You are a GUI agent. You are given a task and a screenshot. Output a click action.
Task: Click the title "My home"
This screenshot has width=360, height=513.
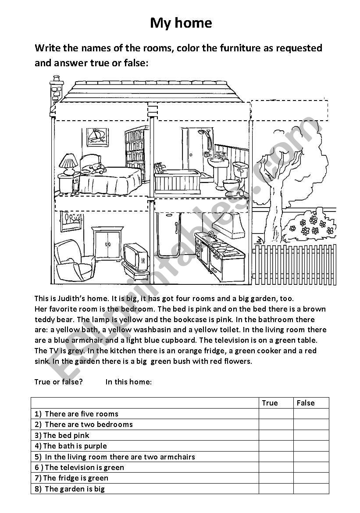click(181, 23)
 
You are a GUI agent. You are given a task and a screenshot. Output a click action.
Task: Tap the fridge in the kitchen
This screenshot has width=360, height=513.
click(168, 235)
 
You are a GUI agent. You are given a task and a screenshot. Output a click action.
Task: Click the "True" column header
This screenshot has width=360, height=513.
click(270, 403)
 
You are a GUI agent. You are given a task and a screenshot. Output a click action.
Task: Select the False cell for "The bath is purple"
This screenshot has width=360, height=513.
click(311, 446)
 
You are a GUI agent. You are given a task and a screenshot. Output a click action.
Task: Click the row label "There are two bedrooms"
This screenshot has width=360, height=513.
click(88, 424)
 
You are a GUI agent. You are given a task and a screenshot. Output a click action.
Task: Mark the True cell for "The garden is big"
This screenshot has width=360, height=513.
click(276, 489)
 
